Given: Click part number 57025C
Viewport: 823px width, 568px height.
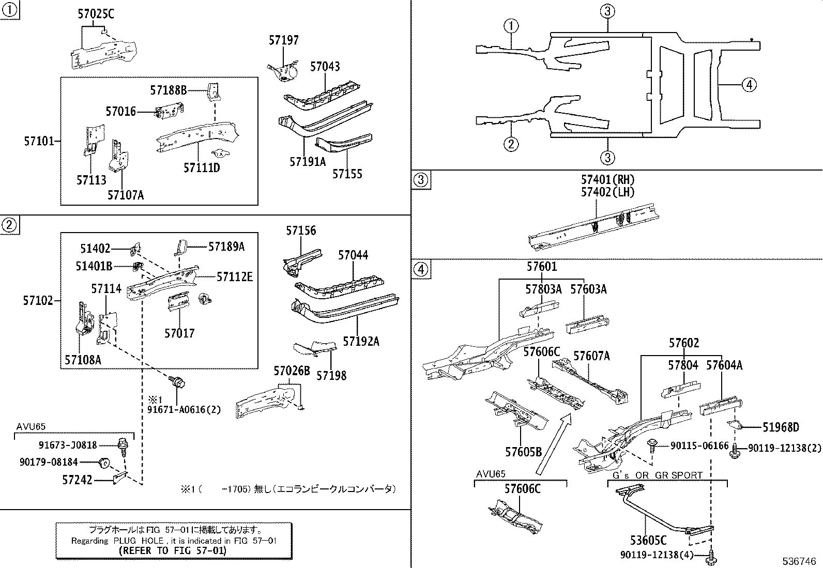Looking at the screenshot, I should click(x=96, y=14).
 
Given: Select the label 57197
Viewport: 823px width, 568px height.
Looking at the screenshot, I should click(x=283, y=40).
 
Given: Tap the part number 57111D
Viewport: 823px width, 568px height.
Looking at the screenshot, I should click(x=202, y=167).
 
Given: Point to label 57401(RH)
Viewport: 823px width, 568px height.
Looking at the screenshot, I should click(x=607, y=180).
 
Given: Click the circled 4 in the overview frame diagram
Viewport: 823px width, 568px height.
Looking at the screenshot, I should click(x=749, y=84).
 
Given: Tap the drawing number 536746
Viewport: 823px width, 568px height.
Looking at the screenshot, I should click(x=799, y=561).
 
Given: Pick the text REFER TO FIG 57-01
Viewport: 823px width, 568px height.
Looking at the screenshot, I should click(x=173, y=551).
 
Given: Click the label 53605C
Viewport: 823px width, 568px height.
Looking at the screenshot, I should click(x=648, y=541).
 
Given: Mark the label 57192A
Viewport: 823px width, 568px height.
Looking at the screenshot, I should click(x=361, y=341).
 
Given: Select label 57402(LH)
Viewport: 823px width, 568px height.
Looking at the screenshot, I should click(x=607, y=192).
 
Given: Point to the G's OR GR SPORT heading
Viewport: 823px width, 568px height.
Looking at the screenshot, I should click(x=658, y=475).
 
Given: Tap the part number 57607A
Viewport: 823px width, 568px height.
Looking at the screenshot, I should click(x=591, y=356).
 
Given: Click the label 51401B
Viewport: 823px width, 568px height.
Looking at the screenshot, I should click(x=94, y=266).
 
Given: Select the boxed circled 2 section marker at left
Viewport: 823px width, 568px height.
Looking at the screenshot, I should click(x=9, y=225).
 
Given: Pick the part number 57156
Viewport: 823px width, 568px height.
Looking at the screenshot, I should click(x=301, y=231).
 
